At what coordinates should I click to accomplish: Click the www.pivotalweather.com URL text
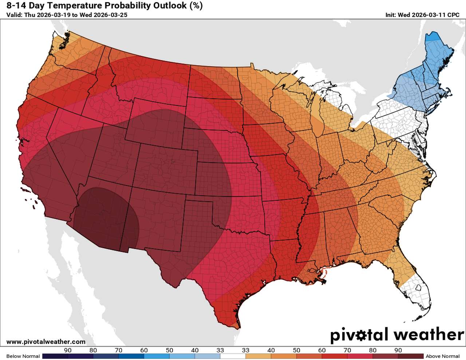pyautogui.click(x=46, y=341)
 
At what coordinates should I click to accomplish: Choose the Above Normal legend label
pyautogui.click(x=442, y=356)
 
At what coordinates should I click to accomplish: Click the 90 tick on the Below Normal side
pyautogui.click(x=68, y=350)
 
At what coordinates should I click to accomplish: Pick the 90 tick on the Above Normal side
pyautogui.click(x=398, y=350)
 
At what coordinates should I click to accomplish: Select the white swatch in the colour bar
pyautogui.click(x=233, y=356)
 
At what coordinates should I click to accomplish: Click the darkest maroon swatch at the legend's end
pyautogui.click(x=411, y=356)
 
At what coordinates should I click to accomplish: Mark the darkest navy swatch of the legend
pyautogui.click(x=55, y=356)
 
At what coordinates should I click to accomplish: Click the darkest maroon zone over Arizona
pyautogui.click(x=106, y=218)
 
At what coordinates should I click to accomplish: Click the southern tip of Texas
pyautogui.click(x=231, y=322)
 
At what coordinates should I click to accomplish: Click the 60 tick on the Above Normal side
pyautogui.click(x=322, y=350)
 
